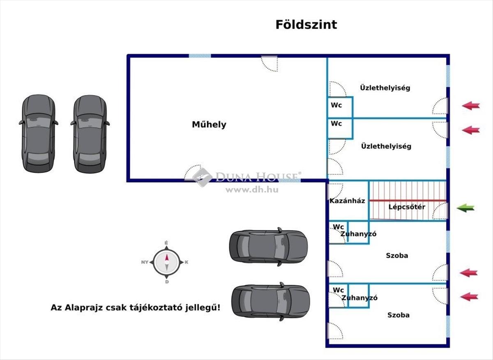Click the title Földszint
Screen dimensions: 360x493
click(x=306, y=25)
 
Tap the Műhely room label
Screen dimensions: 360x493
click(x=209, y=124)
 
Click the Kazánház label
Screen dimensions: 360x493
click(x=347, y=201)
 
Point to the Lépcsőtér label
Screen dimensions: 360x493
click(x=407, y=207)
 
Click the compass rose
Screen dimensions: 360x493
click(x=167, y=262)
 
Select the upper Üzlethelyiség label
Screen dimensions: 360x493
click(x=385, y=87)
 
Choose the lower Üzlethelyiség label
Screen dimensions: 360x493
click(x=386, y=146)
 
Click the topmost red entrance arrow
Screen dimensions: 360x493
click(x=470, y=106)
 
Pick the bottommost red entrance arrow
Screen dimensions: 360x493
click(x=469, y=296)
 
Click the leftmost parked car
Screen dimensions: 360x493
click(x=38, y=133)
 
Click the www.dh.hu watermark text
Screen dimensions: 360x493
click(x=246, y=189)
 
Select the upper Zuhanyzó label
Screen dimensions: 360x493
click(x=358, y=234)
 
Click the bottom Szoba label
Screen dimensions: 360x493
click(x=398, y=315)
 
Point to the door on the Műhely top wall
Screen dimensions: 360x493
click(x=270, y=62)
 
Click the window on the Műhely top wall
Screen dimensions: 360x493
click(x=200, y=55)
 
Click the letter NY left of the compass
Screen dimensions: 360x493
click(x=145, y=262)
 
